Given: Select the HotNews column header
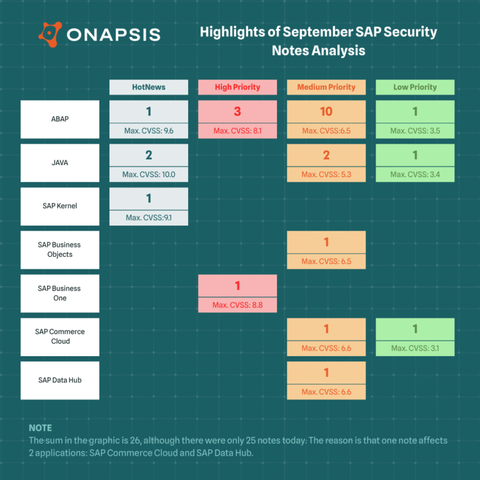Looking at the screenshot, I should coord(149,87).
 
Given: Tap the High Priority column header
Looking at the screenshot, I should coord(237,87).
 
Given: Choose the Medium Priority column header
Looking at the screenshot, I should coord(326,87).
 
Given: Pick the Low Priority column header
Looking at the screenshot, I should coord(415,87).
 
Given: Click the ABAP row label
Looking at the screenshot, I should coord(60,119).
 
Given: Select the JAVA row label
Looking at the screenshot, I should coord(60,162).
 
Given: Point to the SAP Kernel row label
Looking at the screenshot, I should coord(60,206).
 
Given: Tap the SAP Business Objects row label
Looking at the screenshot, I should coord(60,249).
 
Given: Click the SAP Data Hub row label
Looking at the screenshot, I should coord(60,380).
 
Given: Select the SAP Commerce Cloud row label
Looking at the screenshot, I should coord(60,336).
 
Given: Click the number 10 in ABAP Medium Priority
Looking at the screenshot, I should coord(326,112).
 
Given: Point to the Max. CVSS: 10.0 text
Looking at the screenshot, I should coord(149,174).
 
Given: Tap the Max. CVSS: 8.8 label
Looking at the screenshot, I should coord(237,305).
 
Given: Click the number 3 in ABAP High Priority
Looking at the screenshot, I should coord(237,112).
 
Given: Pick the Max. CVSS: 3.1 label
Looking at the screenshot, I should coord(415,348).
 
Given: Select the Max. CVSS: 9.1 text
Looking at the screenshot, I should coord(149,217).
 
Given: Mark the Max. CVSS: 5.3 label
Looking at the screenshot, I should coord(326,174).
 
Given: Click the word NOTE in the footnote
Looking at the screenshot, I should coord(41,428).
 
